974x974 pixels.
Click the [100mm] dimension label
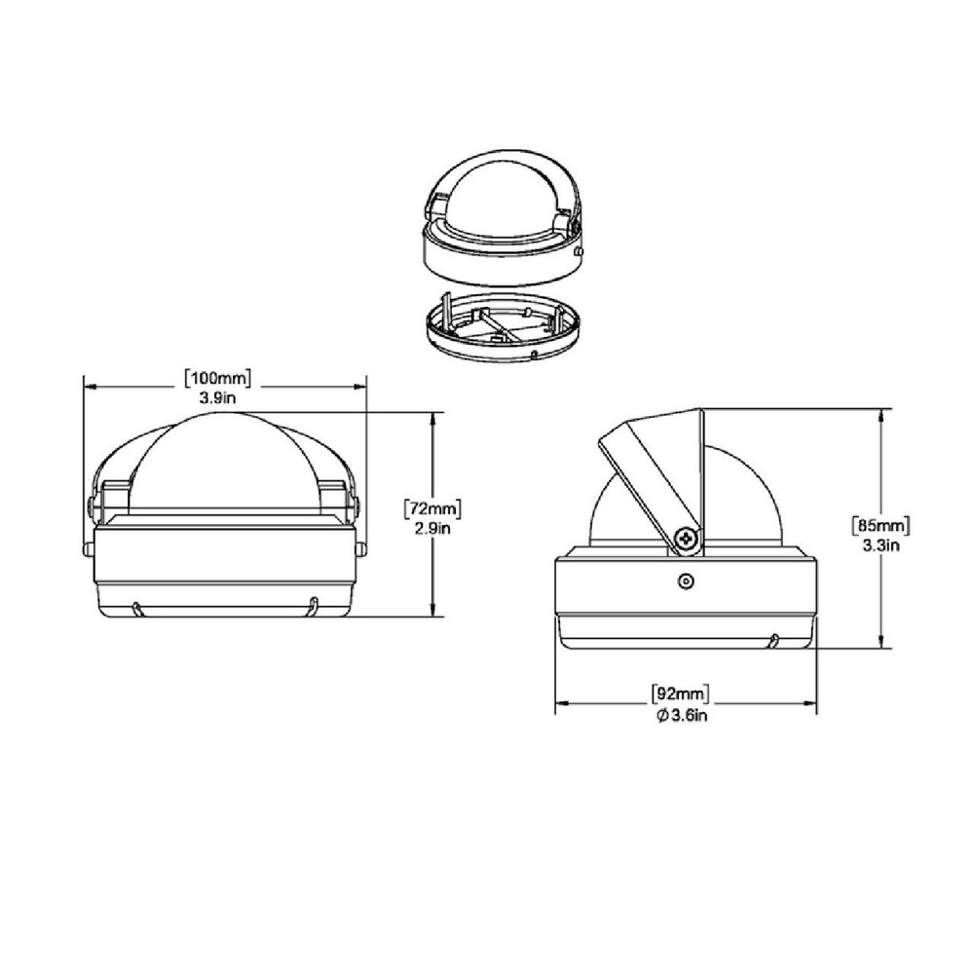point(217,378)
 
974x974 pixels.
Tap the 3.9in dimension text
point(217,397)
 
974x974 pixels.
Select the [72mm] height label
point(432,509)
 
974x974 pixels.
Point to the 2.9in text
point(432,529)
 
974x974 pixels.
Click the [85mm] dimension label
point(880,526)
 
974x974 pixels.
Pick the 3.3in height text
point(880,545)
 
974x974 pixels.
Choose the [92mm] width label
point(680,693)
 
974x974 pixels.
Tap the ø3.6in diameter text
point(682,716)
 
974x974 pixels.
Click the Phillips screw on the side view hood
point(687,538)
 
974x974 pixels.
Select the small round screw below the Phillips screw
point(686,581)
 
